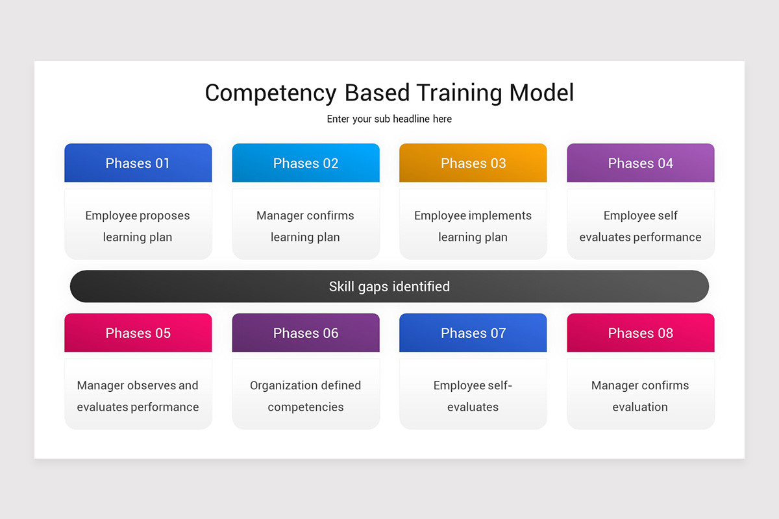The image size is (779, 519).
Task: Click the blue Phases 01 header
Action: (138, 163)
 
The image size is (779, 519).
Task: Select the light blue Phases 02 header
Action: (306, 163)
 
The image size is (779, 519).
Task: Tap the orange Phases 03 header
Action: (473, 163)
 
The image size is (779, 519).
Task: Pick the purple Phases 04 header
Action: (641, 163)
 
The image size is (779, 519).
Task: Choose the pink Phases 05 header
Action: (138, 333)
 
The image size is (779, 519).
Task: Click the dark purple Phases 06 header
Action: (306, 333)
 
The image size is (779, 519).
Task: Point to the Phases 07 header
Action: (473, 333)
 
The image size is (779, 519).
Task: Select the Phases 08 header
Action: (641, 333)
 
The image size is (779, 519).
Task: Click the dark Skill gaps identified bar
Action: (389, 286)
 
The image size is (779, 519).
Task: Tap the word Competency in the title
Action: (270, 93)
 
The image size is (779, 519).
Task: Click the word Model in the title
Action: (541, 93)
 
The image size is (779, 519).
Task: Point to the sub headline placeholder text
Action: (389, 119)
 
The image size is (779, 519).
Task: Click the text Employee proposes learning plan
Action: (138, 226)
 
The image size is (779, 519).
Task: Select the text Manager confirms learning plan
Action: (306, 226)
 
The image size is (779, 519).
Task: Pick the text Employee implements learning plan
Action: (473, 226)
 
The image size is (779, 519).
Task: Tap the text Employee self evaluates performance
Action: (641, 226)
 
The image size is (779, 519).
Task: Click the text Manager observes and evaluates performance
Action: (138, 396)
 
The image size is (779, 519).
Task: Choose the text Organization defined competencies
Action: (306, 396)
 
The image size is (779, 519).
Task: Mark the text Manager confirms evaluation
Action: (641, 396)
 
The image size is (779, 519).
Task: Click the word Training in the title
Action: (459, 93)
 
